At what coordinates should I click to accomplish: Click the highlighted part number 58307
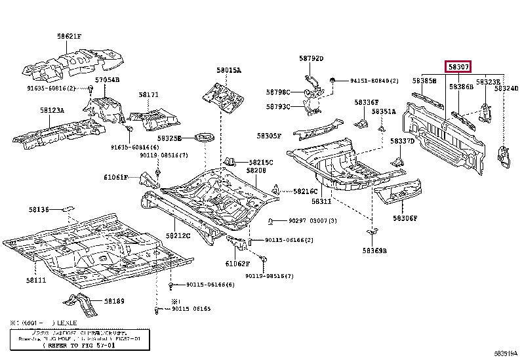(458, 67)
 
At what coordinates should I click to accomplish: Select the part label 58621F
(69, 37)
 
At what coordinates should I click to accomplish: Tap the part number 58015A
(229, 70)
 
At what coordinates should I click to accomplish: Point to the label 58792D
(311, 58)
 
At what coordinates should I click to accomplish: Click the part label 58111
(36, 280)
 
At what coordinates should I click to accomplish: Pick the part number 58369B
(375, 250)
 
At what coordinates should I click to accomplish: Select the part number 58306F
(405, 218)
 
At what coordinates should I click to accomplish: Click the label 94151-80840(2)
(374, 81)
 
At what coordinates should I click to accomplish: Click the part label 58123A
(52, 111)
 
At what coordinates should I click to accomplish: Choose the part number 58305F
(269, 136)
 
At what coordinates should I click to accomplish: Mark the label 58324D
(506, 88)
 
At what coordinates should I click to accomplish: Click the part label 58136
(39, 210)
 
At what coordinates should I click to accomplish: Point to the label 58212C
(178, 235)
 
